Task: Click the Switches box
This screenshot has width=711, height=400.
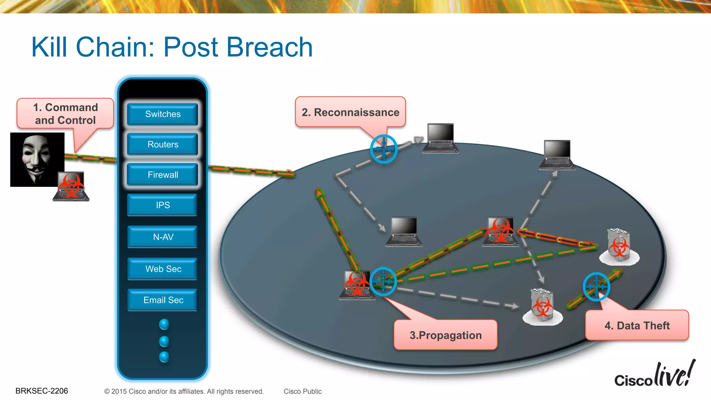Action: (162, 114)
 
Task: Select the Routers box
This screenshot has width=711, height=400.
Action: (162, 144)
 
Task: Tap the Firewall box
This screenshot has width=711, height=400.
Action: (162, 175)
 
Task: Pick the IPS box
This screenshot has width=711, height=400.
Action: (162, 205)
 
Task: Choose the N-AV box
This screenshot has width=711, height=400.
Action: (162, 237)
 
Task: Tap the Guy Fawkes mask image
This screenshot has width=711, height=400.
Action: (36, 159)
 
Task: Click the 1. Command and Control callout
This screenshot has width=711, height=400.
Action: (65, 114)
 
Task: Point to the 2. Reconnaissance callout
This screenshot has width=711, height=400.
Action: (350, 112)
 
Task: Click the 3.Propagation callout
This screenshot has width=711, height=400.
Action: (445, 335)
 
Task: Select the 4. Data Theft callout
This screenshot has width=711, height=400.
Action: (637, 325)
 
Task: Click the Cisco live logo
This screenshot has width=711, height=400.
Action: (655, 375)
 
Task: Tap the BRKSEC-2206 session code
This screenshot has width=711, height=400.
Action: (42, 391)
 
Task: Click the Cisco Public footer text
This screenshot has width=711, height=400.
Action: (302, 391)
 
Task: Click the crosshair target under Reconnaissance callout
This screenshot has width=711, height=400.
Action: (384, 149)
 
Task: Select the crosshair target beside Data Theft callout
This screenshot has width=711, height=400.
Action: (596, 286)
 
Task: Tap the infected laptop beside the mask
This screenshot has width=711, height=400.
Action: (71, 186)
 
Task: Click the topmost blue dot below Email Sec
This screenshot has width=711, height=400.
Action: (164, 324)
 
